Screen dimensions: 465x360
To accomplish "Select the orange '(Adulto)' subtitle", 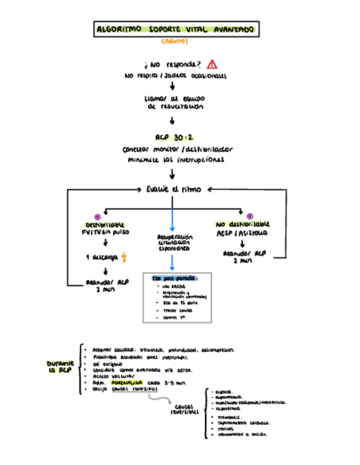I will click(175, 42).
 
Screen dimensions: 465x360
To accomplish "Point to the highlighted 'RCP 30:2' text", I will click(173, 137).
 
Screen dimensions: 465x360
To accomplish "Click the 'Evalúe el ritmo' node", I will click(173, 189).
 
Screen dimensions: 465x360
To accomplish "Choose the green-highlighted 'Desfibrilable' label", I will click(105, 225).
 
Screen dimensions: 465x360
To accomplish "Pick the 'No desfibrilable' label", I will click(243, 224).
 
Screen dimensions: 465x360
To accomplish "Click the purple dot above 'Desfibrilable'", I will click(98, 217).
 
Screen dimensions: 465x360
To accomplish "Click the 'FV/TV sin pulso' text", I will click(105, 233).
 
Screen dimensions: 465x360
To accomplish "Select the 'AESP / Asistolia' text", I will click(243, 233).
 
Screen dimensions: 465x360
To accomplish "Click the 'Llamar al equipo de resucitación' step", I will click(173, 103).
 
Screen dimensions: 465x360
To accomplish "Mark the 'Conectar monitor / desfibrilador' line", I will click(178, 149).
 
